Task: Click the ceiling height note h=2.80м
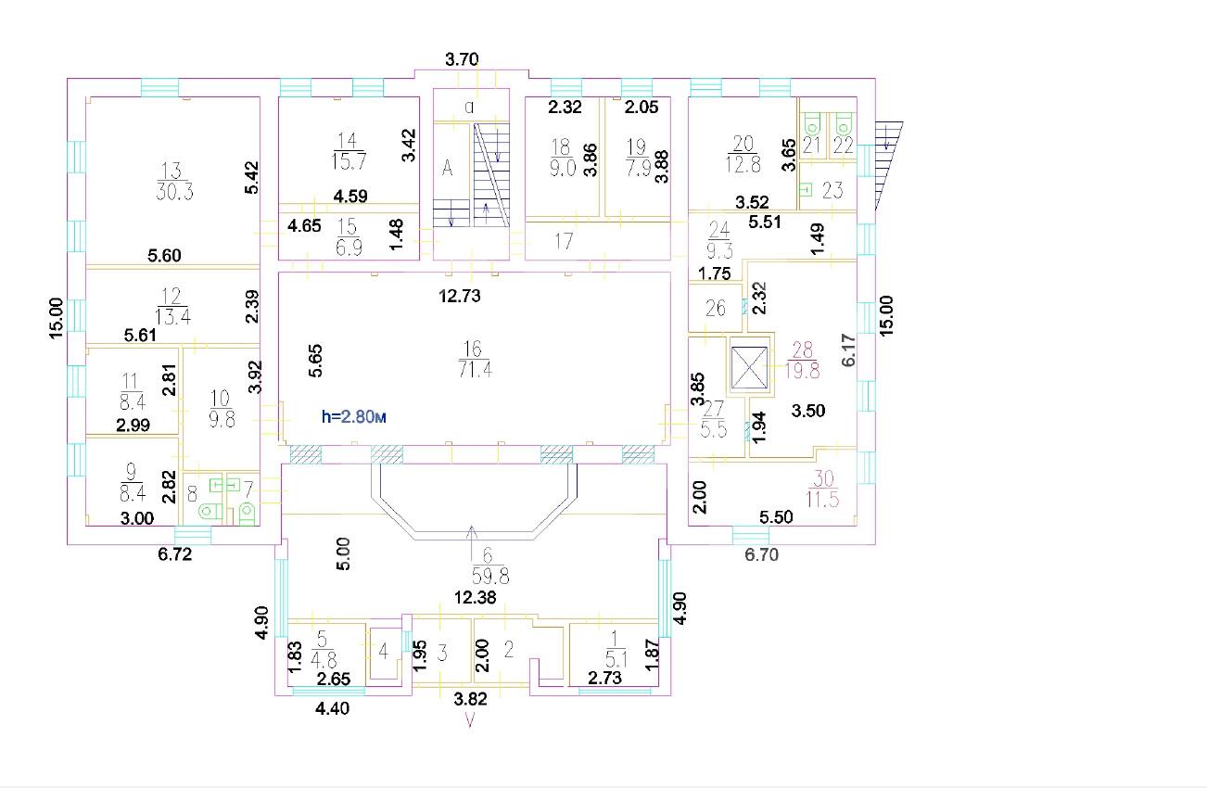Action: tap(353, 416)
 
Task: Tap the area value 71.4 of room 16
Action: tap(476, 370)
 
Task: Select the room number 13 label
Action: tap(172, 171)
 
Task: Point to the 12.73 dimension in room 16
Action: tap(460, 296)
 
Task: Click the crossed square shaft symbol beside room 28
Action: tap(749, 368)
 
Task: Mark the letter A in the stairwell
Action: tap(447, 168)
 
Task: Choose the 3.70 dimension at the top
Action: tap(462, 59)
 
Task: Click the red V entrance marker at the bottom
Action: tap(469, 720)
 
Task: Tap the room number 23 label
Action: tap(832, 190)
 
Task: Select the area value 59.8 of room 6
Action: tap(490, 577)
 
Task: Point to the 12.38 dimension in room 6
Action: tap(476, 597)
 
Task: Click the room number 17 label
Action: tap(565, 241)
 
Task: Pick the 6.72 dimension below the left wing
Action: tap(175, 554)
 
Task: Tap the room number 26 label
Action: tap(716, 308)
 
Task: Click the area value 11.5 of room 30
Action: tap(822, 499)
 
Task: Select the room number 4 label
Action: tap(384, 652)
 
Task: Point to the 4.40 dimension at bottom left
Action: tap(332, 707)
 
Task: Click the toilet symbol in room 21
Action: tap(811, 123)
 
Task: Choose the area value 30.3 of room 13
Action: tap(174, 191)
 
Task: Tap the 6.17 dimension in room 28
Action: tap(848, 350)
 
